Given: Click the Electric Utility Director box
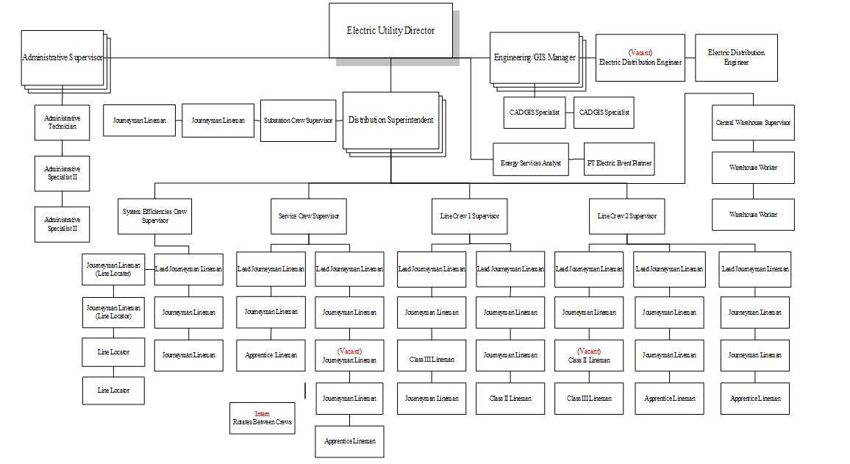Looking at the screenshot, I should [390, 30].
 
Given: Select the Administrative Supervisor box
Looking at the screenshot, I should [62, 57].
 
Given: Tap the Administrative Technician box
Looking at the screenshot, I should [63, 122].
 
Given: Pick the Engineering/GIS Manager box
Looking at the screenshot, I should [534, 57].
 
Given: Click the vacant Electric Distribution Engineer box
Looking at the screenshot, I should [640, 57].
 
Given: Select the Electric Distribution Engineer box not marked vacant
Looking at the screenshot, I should [736, 57].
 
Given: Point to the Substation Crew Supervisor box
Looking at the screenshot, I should [298, 121].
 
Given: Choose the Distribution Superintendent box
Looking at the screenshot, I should [390, 121].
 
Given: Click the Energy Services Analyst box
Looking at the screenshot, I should [530, 163].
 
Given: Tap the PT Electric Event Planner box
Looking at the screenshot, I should [618, 163].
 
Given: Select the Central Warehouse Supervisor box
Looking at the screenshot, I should [753, 123].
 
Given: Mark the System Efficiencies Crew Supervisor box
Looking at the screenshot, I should [154, 216].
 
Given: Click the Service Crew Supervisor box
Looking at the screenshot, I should [309, 216].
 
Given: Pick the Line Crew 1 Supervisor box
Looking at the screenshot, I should [469, 216].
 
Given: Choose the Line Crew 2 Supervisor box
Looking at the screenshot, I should [627, 216].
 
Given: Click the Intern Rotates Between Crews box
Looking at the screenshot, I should [262, 418].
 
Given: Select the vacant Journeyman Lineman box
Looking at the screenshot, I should [349, 356].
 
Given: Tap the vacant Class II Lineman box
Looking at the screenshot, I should [589, 356].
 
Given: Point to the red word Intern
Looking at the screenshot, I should [262, 414].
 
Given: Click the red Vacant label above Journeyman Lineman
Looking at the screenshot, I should [349, 351].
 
